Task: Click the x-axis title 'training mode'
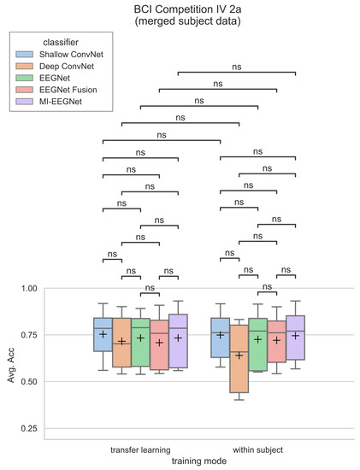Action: point(198,461)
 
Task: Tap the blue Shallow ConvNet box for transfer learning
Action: point(103,335)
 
